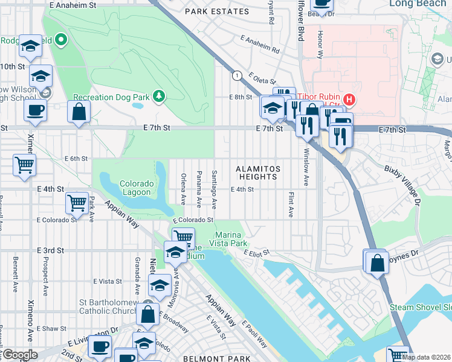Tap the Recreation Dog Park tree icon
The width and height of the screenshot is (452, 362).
158,97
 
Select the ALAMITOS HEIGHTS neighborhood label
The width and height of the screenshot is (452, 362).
257,173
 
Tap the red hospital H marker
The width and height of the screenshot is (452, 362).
348,98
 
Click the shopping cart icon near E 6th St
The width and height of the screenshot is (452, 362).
24,164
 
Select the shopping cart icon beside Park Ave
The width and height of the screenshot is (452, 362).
77,203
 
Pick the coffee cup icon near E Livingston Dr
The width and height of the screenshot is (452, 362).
100,346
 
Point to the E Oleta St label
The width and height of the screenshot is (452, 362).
258,79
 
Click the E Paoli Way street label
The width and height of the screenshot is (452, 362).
254,334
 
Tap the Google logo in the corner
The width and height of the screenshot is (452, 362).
20,355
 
